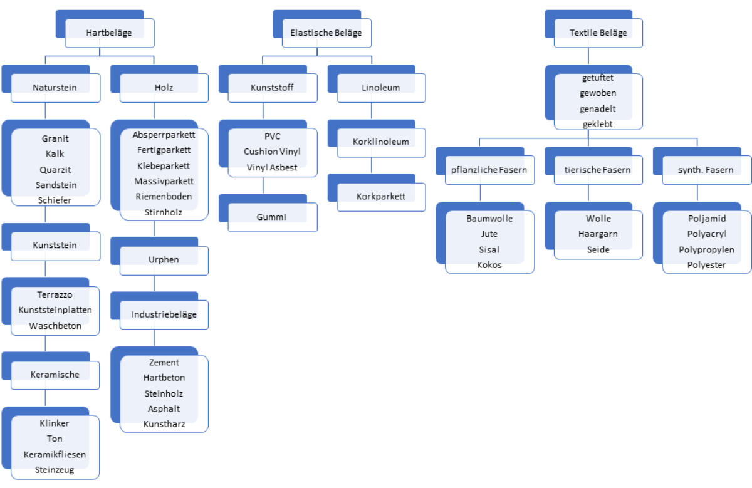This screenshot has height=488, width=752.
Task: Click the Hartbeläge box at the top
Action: (109, 33)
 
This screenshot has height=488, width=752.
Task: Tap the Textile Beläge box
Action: (598, 33)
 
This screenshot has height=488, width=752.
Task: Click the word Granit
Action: (55, 138)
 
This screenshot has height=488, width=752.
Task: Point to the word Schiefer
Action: (55, 200)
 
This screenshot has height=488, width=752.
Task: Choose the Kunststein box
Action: (55, 245)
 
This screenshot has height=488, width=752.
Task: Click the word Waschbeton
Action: (55, 326)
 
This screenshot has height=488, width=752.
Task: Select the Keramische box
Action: (55, 375)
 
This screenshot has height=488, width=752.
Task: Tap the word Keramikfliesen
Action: (55, 454)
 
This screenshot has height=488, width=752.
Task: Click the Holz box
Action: (164, 88)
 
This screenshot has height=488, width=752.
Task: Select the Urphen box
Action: (164, 259)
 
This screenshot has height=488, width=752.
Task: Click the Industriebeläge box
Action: (164, 314)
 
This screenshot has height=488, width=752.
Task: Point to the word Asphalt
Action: (164, 408)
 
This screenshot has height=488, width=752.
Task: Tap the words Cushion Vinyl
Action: (272, 152)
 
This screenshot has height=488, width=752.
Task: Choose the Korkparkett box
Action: (381, 197)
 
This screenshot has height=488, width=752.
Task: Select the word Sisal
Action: (489, 249)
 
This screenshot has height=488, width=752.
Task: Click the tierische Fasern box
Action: (598, 170)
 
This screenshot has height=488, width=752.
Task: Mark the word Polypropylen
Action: (706, 249)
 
